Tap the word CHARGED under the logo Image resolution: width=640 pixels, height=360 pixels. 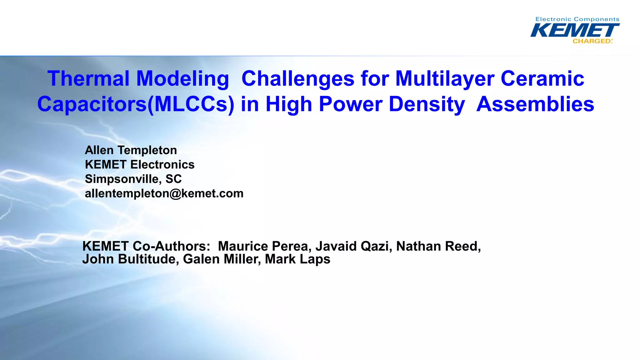[592, 41]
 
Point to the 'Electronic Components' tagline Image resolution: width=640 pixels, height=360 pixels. [577, 19]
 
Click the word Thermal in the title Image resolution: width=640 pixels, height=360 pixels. [88, 78]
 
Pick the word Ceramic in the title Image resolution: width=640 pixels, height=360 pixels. [542, 78]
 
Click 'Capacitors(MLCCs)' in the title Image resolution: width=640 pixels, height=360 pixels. [136, 104]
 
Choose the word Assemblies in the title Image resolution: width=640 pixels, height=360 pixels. [535, 104]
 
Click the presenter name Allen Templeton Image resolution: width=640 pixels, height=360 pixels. [131, 150]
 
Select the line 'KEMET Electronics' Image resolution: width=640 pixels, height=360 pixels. [140, 165]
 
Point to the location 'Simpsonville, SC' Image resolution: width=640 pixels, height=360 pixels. [133, 179]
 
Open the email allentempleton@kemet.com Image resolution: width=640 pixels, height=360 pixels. [164, 193]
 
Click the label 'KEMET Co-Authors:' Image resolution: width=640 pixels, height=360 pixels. [146, 246]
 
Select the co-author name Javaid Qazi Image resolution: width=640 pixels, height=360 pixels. [353, 246]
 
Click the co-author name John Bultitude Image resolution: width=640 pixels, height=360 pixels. [130, 259]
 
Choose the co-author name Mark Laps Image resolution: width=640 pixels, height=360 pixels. [297, 259]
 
